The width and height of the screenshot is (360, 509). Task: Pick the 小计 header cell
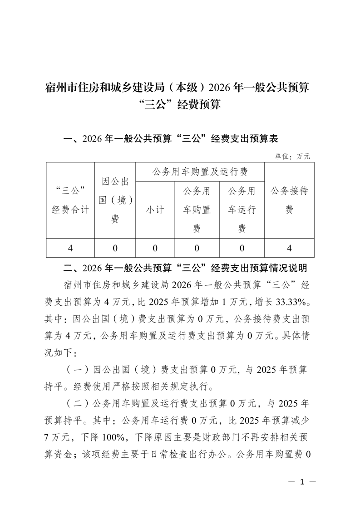155,210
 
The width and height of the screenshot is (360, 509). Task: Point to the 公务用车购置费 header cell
197,210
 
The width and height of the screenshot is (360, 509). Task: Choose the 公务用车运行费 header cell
242,210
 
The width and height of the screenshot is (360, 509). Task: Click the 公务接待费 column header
289,200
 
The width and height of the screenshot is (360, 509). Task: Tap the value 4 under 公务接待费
289,248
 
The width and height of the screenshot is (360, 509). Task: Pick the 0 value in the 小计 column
155,248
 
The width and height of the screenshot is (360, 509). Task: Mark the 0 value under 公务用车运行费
242,248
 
